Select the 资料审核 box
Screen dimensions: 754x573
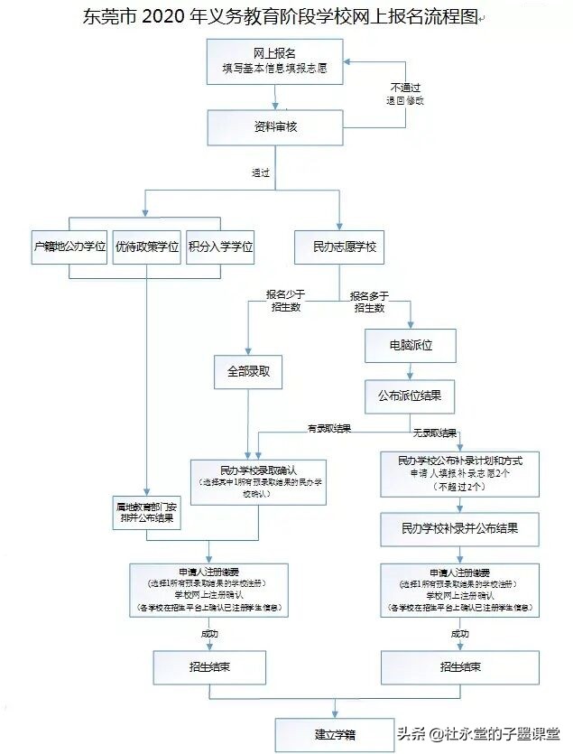(275, 127)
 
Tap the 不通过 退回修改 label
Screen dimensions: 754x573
(405, 94)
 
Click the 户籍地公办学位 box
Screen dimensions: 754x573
(69, 247)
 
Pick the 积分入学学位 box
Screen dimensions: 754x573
(219, 247)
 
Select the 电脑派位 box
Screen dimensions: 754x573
(410, 345)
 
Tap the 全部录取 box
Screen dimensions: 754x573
(248, 371)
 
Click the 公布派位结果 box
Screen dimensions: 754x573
(410, 395)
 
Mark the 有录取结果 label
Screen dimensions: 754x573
(329, 428)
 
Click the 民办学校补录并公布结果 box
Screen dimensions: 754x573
(460, 526)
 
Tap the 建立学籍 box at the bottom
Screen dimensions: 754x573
(334, 733)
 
